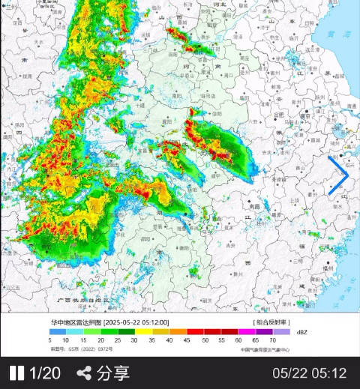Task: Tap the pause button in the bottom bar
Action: pyautogui.click(x=16, y=373)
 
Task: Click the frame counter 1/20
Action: pyautogui.click(x=44, y=373)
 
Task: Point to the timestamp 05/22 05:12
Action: pyautogui.click(x=309, y=373)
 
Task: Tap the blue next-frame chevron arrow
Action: pyautogui.click(x=339, y=175)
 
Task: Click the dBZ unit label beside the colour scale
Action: pyautogui.click(x=302, y=331)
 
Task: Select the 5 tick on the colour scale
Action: pyautogui.click(x=50, y=340)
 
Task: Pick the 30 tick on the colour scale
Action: pyautogui.click(x=134, y=340)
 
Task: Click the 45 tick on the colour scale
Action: pyautogui.click(x=184, y=340)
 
